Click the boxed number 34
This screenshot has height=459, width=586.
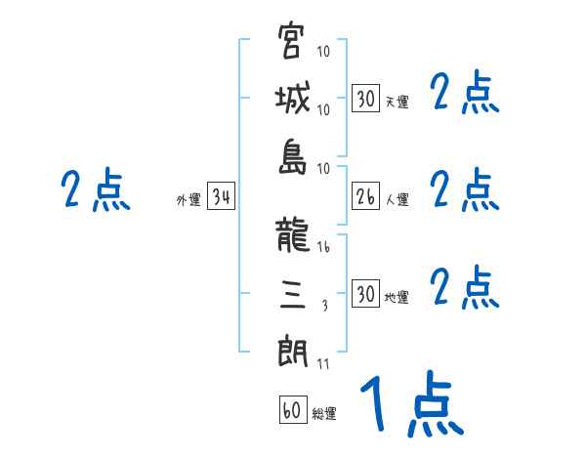pos(221,198)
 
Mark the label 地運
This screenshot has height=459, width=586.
pos(397,298)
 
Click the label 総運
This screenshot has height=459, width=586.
pos(324,413)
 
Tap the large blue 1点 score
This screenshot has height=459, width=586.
pos(410,405)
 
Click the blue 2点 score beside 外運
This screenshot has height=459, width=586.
pos(95,189)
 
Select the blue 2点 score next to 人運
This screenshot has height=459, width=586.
pos(465,189)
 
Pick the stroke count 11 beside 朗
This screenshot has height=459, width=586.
pos(323,364)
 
